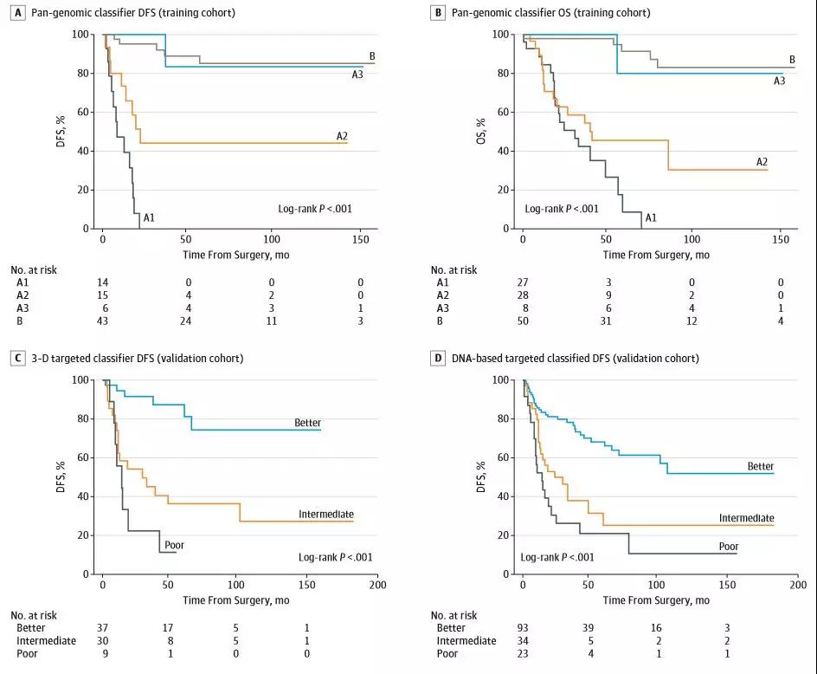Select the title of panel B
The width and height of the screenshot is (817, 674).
[551, 13]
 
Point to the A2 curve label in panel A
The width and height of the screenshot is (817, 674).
[342, 136]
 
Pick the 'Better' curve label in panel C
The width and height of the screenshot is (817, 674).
[308, 424]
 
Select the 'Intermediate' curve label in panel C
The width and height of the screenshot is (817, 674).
[326, 515]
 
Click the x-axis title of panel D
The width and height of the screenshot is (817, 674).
[656, 600]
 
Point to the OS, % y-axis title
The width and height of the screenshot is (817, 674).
[481, 131]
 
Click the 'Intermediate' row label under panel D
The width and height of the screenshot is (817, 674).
[466, 641]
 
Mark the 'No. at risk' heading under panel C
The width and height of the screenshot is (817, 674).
[35, 614]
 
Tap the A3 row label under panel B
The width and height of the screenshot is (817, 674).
[443, 308]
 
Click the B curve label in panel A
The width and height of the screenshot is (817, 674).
[372, 56]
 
